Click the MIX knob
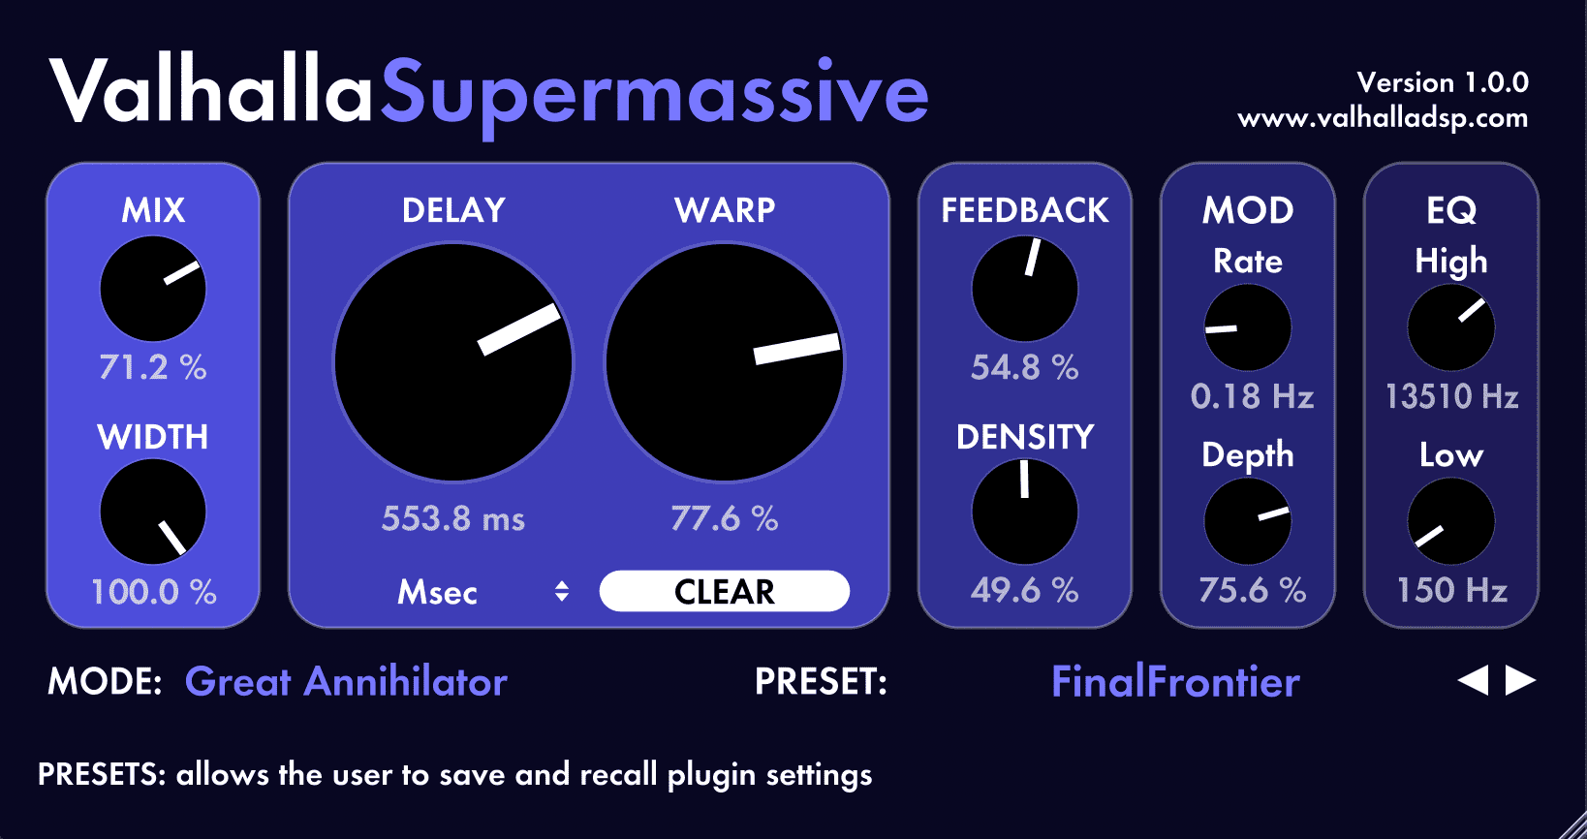153,289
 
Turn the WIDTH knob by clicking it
153,512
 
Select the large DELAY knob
453,362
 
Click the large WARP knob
725,362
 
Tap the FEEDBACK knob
1024,289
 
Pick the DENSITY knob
1024,512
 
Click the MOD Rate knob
1248,328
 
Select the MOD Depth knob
1248,521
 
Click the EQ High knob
1451,328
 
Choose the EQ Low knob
1451,521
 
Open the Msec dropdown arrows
562,591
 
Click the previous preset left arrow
1473,680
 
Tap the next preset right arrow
1520,680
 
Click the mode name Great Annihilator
346,682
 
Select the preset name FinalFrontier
1175,682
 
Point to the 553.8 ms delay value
453,518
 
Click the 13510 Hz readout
1451,396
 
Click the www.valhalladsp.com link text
1383,118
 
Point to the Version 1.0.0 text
1443,82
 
